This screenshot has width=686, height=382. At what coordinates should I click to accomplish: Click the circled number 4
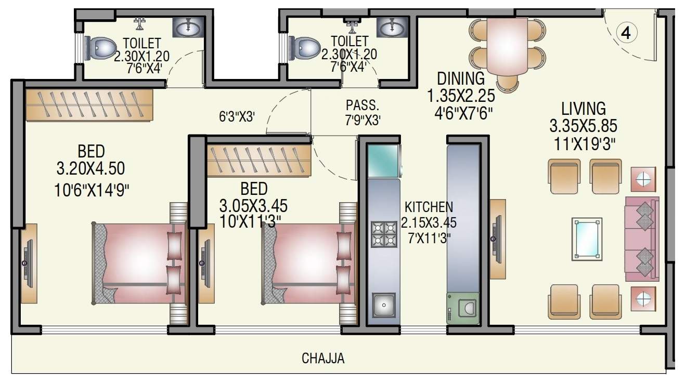click(x=626, y=33)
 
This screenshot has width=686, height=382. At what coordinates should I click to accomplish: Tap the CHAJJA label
click(x=323, y=359)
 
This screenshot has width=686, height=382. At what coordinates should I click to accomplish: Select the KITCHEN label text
click(x=429, y=207)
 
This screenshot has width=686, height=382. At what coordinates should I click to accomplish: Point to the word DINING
click(x=460, y=79)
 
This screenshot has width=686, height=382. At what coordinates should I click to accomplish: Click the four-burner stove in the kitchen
click(x=384, y=233)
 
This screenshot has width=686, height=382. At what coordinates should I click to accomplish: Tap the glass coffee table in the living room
click(x=587, y=239)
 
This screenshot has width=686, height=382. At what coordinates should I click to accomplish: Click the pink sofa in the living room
click(x=642, y=239)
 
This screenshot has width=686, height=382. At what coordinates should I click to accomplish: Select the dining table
click(x=508, y=47)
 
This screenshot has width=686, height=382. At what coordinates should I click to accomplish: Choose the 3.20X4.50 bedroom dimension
click(x=91, y=169)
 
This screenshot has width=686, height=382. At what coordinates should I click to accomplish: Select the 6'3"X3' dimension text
click(x=236, y=117)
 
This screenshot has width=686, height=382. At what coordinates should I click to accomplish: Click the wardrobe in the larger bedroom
click(x=89, y=105)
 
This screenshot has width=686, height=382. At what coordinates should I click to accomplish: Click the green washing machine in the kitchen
click(x=462, y=308)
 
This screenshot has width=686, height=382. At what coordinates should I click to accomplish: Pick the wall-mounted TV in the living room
click(x=497, y=239)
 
